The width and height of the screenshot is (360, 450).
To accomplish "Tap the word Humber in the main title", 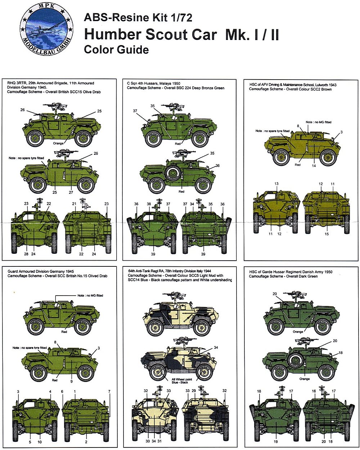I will pyautogui.click(x=112, y=35).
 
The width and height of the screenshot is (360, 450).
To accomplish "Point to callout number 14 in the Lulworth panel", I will pyautogui.click(x=314, y=166).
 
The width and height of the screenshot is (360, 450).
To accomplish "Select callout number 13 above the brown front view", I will pyautogui.click(x=276, y=184).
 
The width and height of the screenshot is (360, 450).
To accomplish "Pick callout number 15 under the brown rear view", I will pyautogui.click(x=327, y=234).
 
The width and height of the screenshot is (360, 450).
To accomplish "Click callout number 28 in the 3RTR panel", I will pyautogui.click(x=26, y=254).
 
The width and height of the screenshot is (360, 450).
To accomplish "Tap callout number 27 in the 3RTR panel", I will pyautogui.click(x=71, y=192).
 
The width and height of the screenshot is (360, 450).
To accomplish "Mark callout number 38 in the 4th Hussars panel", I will pyautogui.click(x=149, y=204).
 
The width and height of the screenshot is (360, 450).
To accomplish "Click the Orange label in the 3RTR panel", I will pyautogui.click(x=58, y=143).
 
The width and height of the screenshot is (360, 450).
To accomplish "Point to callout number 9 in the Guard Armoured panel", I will pyautogui.click(x=71, y=381).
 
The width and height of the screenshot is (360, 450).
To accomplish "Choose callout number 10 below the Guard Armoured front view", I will pyautogui.click(x=40, y=442).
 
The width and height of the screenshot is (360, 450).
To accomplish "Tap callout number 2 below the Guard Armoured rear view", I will pyautogui.click(x=86, y=442).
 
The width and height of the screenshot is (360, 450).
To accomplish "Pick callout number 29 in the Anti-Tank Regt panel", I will pyautogui.click(x=194, y=391).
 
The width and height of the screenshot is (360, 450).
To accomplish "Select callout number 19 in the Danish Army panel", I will pyautogui.click(x=275, y=442).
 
